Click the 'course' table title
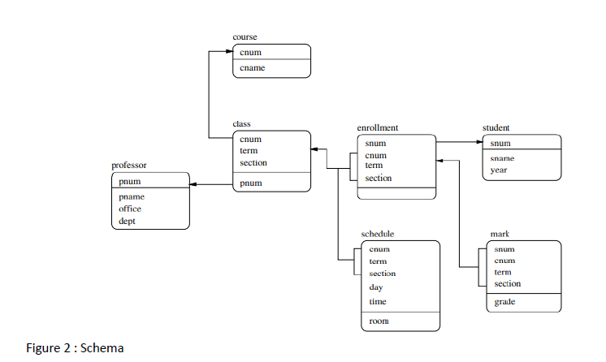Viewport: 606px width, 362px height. tap(245, 37)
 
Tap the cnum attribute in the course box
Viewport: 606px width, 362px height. tap(250, 53)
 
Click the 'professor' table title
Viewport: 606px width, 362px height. tap(129, 166)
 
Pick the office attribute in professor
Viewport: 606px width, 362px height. tap(130, 209)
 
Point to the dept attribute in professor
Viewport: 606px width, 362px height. tap(127, 221)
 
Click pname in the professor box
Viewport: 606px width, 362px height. tap(132, 197)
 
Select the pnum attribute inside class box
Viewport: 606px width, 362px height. tap(250, 183)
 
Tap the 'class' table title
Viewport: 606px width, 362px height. tap(241, 124)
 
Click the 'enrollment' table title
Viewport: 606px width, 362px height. tap(377, 128)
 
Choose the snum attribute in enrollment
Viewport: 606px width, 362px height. tap(375, 143)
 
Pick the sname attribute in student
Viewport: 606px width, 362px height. tap(503, 158)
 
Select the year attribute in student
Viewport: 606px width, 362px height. tap(499, 170)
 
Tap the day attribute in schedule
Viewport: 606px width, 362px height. tap(376, 287)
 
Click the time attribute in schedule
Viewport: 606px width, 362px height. tap(378, 302)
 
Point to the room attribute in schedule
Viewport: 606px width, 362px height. tap(379, 321)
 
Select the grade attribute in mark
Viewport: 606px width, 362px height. tap(504, 302)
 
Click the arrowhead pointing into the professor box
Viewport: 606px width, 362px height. tap(195, 185)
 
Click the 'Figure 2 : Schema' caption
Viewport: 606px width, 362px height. tap(75, 348)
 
